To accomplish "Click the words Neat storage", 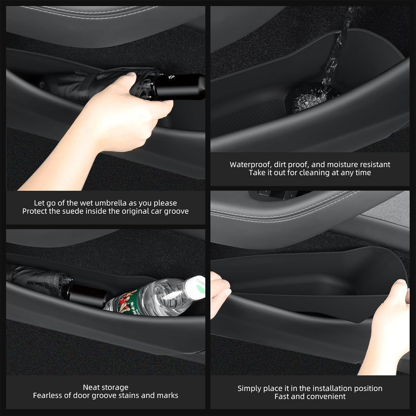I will click(x=105, y=387).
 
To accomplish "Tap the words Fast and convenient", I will click(x=310, y=397).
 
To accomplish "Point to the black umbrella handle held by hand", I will click(x=177, y=86).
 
